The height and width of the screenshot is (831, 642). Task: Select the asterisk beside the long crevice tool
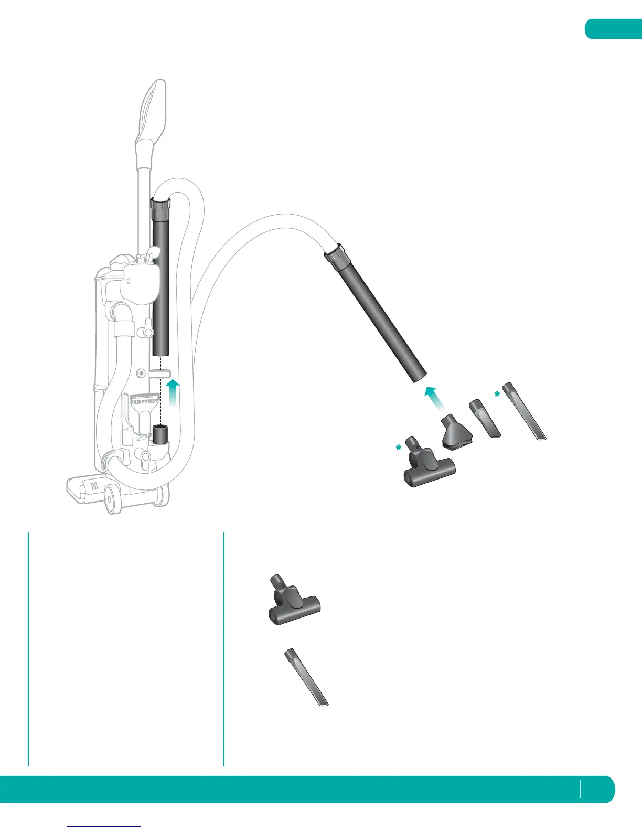click(497, 394)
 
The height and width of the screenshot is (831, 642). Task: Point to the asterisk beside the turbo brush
click(399, 448)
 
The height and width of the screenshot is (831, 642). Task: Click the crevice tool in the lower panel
click(306, 678)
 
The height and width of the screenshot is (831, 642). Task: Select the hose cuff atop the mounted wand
click(160, 209)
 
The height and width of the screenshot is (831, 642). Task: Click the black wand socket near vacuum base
click(159, 435)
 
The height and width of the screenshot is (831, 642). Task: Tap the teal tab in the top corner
click(614, 29)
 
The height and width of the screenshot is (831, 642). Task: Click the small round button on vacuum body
click(140, 373)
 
